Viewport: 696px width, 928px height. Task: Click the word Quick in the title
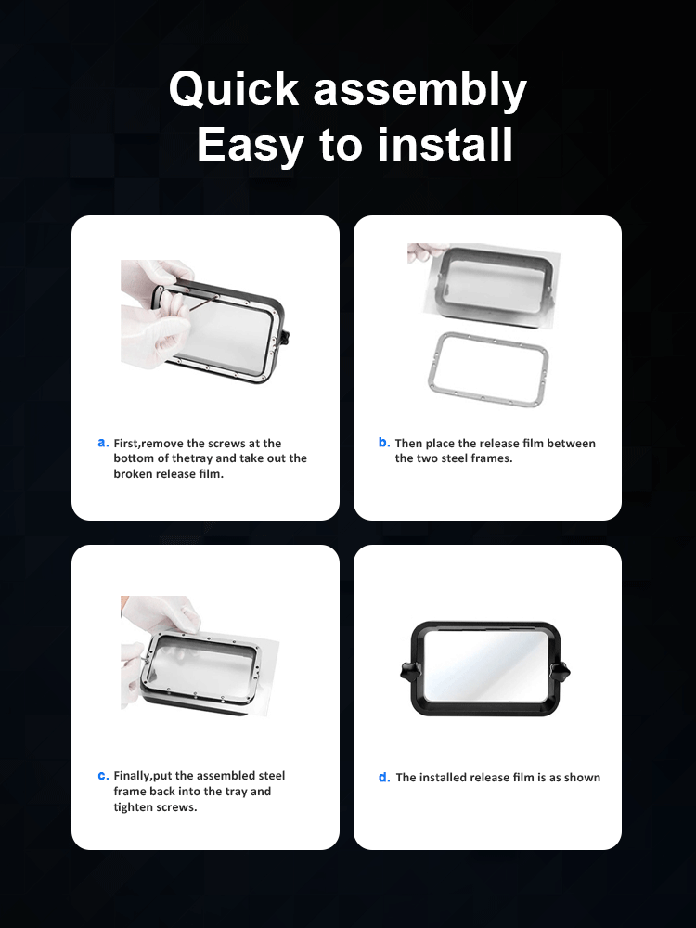pyautogui.click(x=234, y=90)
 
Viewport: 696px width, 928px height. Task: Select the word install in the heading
pyautogui.click(x=445, y=144)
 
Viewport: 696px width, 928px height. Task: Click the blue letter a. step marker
pyautogui.click(x=103, y=443)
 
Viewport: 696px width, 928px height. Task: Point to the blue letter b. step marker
pyautogui.click(x=384, y=442)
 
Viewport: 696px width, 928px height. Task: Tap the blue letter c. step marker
pyautogui.click(x=103, y=775)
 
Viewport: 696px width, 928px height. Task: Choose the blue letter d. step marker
pyautogui.click(x=384, y=777)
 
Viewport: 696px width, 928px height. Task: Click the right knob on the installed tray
pyautogui.click(x=560, y=671)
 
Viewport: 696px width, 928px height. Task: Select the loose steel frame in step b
pyautogui.click(x=488, y=369)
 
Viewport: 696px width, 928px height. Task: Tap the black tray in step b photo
pyautogui.click(x=496, y=286)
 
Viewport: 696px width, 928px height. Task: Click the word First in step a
pyautogui.click(x=126, y=444)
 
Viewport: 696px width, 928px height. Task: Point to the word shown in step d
pyautogui.click(x=584, y=778)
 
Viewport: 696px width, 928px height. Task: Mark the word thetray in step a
pyautogui.click(x=192, y=458)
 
